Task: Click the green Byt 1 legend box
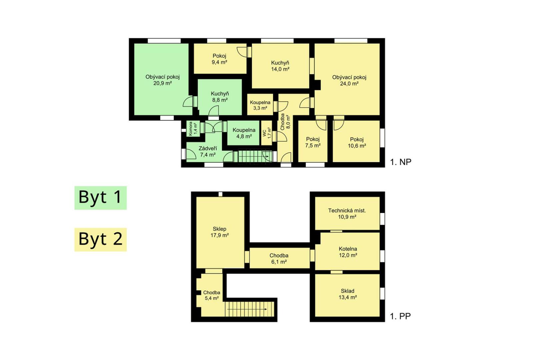tap(101, 198)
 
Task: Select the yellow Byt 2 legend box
tap(101, 240)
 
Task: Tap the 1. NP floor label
tap(401, 162)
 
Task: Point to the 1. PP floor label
tap(400, 316)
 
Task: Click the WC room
tap(267, 133)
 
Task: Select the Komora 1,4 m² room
tap(193, 129)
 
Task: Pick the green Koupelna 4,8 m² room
tap(243, 133)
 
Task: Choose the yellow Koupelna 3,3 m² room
tap(260, 105)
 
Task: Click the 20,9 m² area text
tap(162, 83)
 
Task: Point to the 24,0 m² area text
tap(349, 84)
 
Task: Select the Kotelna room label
tap(348, 249)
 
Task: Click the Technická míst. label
tap(347, 211)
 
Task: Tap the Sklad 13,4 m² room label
tap(348, 294)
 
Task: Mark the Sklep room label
tap(219, 229)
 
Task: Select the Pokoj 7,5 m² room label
tap(313, 142)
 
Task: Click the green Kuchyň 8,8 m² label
tap(220, 97)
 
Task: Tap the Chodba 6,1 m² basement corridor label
tap(279, 258)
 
